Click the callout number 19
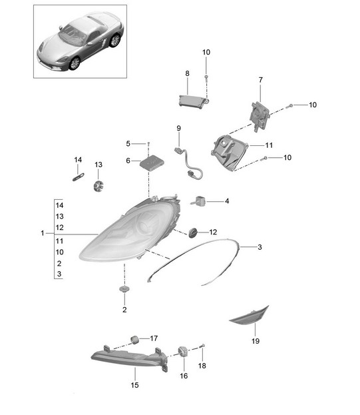point(256,341)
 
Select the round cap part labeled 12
point(193,232)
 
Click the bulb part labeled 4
point(198,201)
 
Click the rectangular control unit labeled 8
point(193,101)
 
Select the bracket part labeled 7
point(260,117)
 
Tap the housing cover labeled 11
point(228,152)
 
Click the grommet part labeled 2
point(124,288)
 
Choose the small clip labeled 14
point(79,177)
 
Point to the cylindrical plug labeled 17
point(135,340)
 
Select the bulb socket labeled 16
point(183,352)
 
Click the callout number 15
point(134,385)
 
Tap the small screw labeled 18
point(203,346)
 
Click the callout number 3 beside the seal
point(260,247)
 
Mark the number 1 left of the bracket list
point(43,233)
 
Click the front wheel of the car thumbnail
point(75,63)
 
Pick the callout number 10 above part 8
point(206,52)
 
